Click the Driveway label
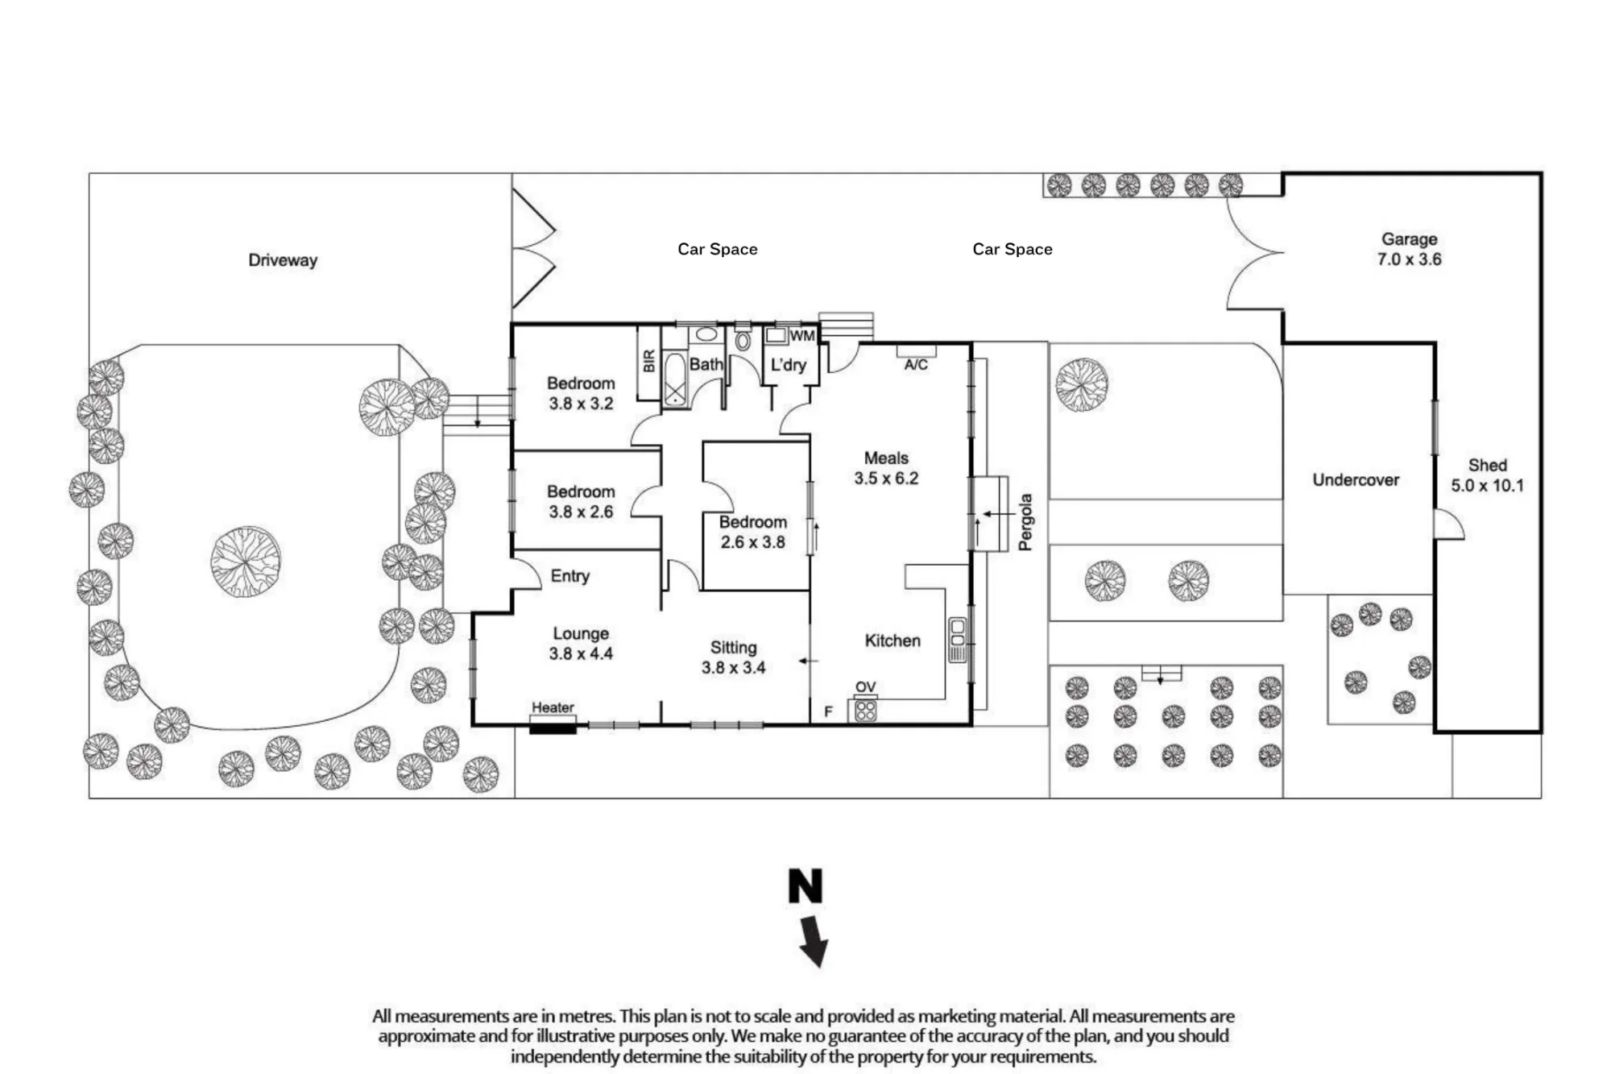[x=283, y=260]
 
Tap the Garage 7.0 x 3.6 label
[x=1409, y=249]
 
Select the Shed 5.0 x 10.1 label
[x=1487, y=475]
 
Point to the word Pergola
[x=1025, y=522]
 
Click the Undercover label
[x=1356, y=480]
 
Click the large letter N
[x=805, y=885]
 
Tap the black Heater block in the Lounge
[x=553, y=728]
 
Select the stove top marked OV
[x=865, y=710]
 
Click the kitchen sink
[x=957, y=640]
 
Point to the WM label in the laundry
[x=802, y=336]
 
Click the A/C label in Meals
[x=916, y=365]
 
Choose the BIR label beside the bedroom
[x=649, y=361]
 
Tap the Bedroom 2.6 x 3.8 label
[x=753, y=532]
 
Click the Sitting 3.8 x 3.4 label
[x=733, y=657]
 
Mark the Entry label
[x=570, y=576]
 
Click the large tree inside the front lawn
[x=246, y=562]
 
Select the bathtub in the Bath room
[x=675, y=379]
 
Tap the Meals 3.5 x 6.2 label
[x=886, y=468]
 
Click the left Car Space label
[x=718, y=249]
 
